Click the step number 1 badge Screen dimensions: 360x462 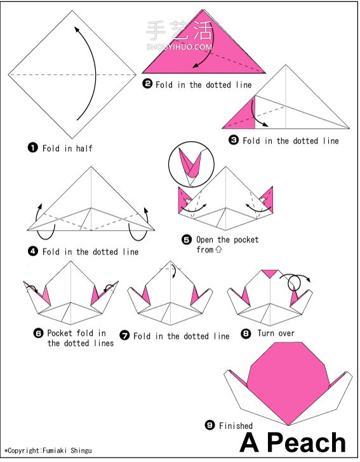(x=33, y=147)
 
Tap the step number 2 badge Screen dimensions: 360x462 (x=147, y=84)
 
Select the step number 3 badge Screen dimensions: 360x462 (x=234, y=140)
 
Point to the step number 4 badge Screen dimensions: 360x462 (x=33, y=251)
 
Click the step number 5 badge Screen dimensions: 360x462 (x=187, y=240)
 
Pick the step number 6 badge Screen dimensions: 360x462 (x=39, y=333)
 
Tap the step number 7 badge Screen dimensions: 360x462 (x=125, y=335)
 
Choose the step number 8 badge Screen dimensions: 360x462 (x=246, y=333)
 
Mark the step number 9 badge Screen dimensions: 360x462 (x=210, y=425)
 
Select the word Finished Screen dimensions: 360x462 (x=236, y=426)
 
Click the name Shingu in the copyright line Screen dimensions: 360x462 (x=81, y=451)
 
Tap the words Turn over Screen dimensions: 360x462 (x=276, y=333)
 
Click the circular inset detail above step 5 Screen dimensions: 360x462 (x=191, y=164)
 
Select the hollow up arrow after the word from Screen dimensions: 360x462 (x=218, y=250)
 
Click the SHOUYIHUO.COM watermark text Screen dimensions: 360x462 (x=179, y=46)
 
